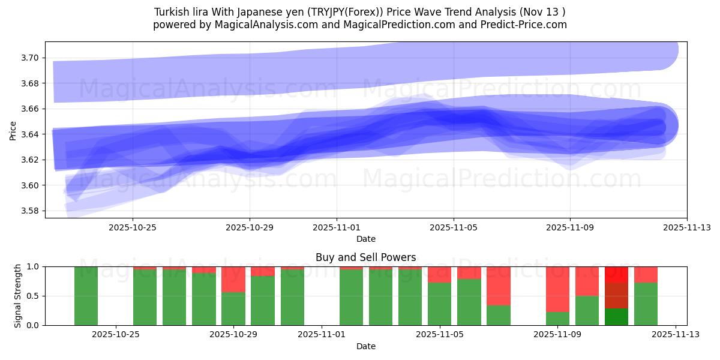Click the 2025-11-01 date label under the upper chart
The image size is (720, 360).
click(337, 227)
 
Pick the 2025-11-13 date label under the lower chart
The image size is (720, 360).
click(676, 334)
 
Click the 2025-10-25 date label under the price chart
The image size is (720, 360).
click(133, 227)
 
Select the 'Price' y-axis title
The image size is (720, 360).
click(13, 130)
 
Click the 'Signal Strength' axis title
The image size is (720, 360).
click(18, 296)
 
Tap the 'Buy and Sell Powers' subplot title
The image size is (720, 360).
click(365, 257)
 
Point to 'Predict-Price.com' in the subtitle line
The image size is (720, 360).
click(523, 25)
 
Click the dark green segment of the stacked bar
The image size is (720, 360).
click(616, 316)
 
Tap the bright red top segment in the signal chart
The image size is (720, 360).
click(616, 274)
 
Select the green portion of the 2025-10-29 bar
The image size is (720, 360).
click(233, 308)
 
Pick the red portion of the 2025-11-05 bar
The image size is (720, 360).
click(439, 274)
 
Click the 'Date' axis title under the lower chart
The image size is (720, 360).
click(365, 346)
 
